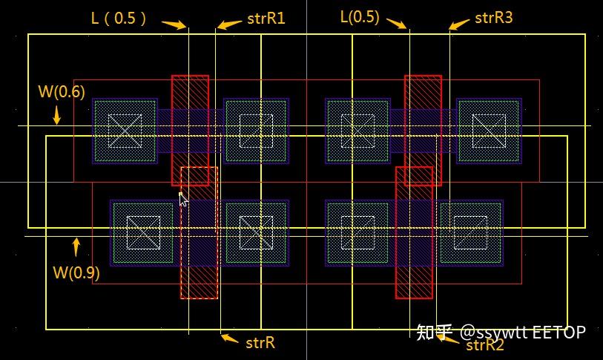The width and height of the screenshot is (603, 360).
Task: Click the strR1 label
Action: tap(265, 19)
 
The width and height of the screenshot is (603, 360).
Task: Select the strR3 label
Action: tap(493, 18)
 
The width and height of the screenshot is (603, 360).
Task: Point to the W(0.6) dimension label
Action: tap(62, 91)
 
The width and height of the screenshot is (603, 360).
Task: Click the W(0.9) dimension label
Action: tap(76, 272)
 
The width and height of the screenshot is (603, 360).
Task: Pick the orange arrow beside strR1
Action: tap(230, 24)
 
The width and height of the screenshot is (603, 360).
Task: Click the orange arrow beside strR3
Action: tap(459, 24)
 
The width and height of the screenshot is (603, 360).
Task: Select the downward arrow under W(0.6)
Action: tap(57, 115)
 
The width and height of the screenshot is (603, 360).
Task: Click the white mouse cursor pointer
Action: tap(182, 199)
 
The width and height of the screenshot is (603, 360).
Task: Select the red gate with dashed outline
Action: tap(199, 232)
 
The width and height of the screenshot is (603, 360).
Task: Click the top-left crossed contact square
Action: tap(125, 130)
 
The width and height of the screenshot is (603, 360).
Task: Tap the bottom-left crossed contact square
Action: tap(142, 232)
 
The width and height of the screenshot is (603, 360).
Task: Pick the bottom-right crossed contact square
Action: tap(471, 232)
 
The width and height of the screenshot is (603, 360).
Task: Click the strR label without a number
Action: tap(260, 342)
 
